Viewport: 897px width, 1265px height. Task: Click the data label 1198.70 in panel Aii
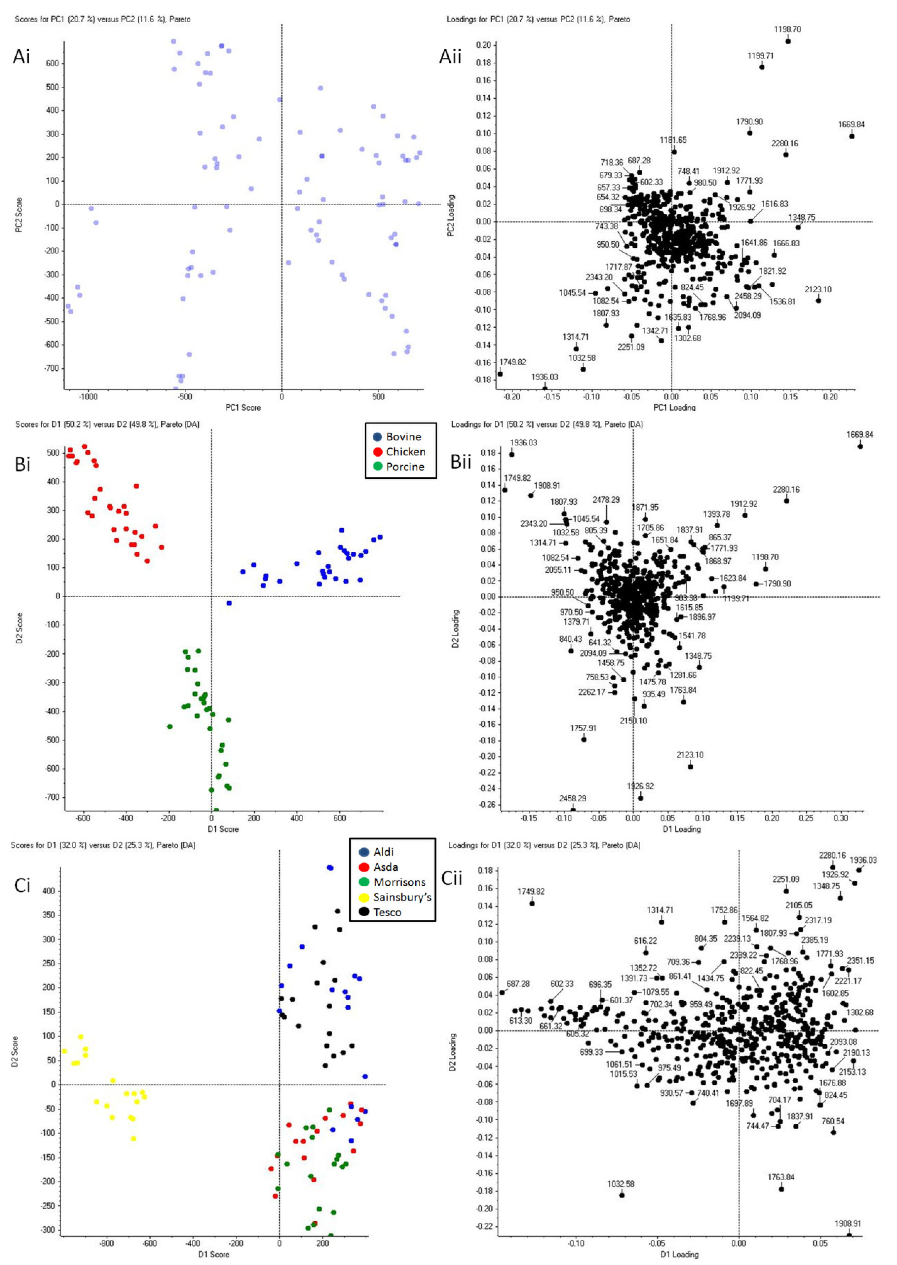coord(787,29)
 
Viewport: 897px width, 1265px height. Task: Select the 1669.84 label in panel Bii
coord(860,434)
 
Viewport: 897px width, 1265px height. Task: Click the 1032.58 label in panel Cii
coord(621,1184)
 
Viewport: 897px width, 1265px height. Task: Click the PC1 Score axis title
coord(243,407)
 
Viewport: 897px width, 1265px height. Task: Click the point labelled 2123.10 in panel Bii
coord(690,767)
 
